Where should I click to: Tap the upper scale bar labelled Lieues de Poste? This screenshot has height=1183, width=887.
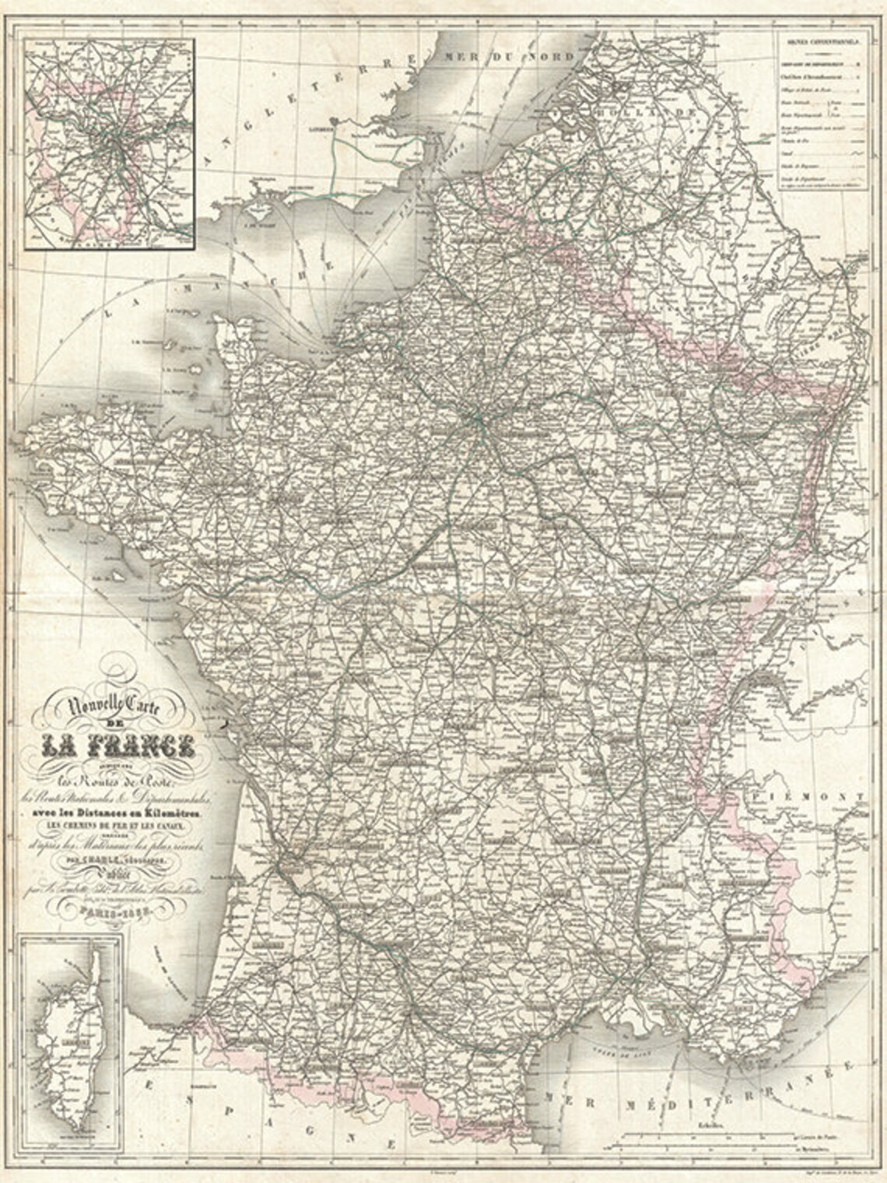[685, 1137]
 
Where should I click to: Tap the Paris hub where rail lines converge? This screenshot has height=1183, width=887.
[478, 421]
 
